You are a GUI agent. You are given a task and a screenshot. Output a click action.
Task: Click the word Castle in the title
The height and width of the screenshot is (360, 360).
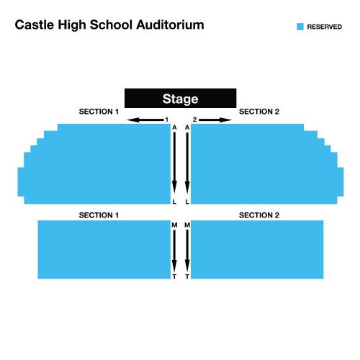(35, 24)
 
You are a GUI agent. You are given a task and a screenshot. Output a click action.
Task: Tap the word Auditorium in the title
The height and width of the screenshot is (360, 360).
(170, 24)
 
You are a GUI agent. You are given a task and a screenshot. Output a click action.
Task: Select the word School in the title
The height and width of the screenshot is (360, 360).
(111, 24)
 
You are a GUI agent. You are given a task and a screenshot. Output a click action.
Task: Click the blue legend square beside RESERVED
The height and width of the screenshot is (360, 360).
(300, 27)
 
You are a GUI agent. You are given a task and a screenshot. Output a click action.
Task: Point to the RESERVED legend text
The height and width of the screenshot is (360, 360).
(325, 27)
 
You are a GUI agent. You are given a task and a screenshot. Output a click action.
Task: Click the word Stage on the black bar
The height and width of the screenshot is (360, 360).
(180, 99)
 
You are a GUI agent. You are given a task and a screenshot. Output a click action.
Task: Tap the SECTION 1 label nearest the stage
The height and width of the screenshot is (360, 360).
(99, 112)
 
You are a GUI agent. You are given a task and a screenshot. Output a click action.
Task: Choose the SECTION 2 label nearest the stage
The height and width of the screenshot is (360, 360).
(259, 112)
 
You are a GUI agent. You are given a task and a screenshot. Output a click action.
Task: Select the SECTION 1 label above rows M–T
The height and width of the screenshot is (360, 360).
(99, 215)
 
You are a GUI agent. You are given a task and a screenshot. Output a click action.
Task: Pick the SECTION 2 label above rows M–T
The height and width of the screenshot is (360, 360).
(259, 215)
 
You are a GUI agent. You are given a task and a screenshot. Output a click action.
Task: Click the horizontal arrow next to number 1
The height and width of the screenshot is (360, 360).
(145, 120)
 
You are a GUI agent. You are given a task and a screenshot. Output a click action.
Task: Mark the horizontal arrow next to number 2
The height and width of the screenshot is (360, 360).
(215, 120)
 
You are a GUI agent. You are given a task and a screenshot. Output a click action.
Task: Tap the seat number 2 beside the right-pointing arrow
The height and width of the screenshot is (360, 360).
(194, 120)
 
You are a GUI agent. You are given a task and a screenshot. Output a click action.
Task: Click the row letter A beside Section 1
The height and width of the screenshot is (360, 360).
(174, 127)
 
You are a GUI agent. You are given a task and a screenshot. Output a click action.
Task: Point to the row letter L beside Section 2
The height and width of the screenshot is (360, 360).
(187, 202)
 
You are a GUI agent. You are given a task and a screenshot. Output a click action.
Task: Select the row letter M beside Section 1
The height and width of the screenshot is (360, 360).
(174, 225)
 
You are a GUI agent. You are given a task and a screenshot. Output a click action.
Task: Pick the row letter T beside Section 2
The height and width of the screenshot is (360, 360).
(187, 276)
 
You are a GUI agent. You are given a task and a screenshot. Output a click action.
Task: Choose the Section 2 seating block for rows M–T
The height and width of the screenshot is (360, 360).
(257, 250)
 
